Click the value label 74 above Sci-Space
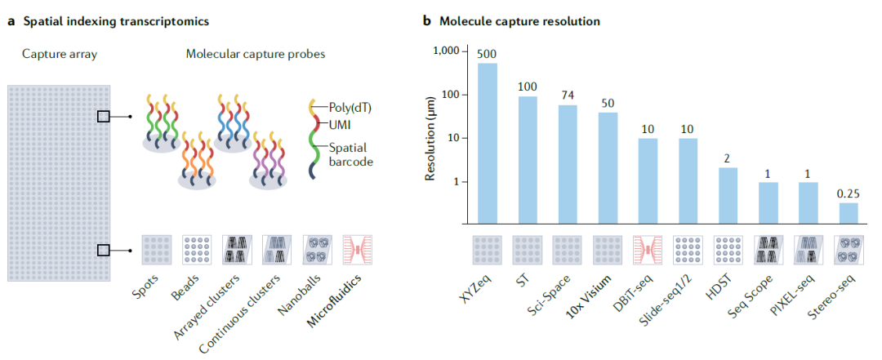pos(567,94)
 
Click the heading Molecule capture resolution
pos(519,21)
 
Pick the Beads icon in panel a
pos(198,248)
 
